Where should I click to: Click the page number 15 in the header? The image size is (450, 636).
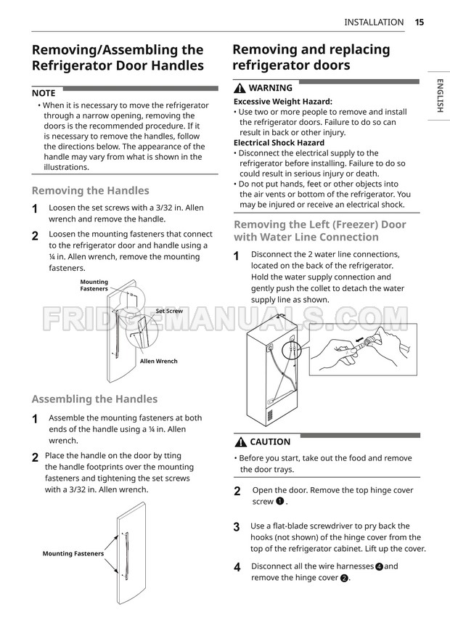click(x=420, y=22)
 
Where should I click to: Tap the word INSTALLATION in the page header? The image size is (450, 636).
click(x=374, y=22)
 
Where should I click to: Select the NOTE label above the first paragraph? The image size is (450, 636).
click(x=44, y=93)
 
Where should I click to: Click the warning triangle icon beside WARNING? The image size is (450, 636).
click(x=239, y=88)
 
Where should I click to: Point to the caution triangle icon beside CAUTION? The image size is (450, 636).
click(x=240, y=441)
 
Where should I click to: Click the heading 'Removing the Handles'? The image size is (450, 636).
click(x=90, y=191)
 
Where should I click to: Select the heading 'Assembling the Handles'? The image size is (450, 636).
click(x=94, y=399)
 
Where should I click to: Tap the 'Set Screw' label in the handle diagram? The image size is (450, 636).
click(x=168, y=311)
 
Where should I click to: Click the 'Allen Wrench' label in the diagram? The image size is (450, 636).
click(x=158, y=361)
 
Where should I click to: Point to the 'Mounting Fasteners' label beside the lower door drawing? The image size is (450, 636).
click(x=73, y=553)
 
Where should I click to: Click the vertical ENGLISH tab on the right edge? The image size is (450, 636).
click(x=440, y=95)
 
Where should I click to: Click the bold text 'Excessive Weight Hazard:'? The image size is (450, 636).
click(x=282, y=102)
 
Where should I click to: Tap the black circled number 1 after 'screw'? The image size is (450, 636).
click(x=279, y=502)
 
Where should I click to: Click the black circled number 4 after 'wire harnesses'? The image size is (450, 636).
click(x=379, y=566)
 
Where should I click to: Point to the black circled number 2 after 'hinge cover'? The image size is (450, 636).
click(x=344, y=578)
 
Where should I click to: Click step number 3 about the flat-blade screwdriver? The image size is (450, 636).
click(x=237, y=526)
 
